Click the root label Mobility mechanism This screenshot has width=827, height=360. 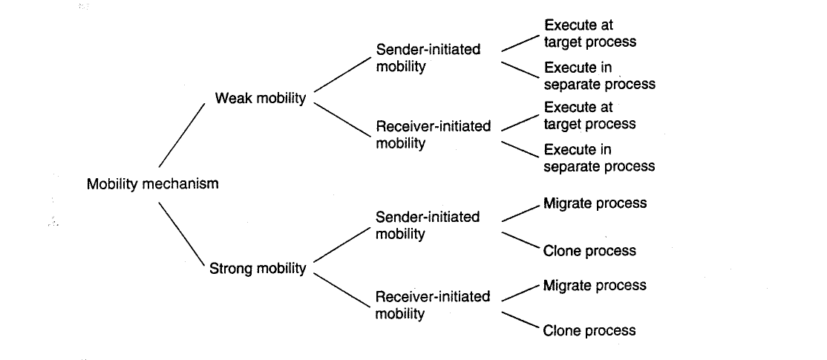[x=152, y=184]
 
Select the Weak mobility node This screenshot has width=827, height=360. [x=261, y=99]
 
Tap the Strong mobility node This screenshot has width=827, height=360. [x=258, y=269]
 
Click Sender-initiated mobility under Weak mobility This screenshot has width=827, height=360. [x=428, y=58]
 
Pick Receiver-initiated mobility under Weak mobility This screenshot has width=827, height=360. [x=433, y=135]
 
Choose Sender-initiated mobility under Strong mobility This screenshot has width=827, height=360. [x=428, y=226]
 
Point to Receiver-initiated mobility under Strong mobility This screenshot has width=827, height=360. [x=433, y=305]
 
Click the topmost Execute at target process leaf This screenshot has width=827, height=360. [x=590, y=33]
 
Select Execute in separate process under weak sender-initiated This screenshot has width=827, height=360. [x=600, y=76]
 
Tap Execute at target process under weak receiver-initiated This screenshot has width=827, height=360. [x=589, y=116]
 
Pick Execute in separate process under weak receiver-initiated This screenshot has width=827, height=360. [x=599, y=158]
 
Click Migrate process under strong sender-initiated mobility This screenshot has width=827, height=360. [x=595, y=203]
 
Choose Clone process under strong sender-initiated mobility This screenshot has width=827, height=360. [x=589, y=251]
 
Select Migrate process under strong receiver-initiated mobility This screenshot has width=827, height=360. [x=595, y=286]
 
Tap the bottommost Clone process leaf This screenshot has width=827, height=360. [x=589, y=331]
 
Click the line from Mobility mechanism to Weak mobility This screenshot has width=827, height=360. [x=181, y=135]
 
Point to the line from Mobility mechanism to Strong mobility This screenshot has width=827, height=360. [x=181, y=235]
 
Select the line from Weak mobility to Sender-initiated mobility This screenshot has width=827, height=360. [x=342, y=73]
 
